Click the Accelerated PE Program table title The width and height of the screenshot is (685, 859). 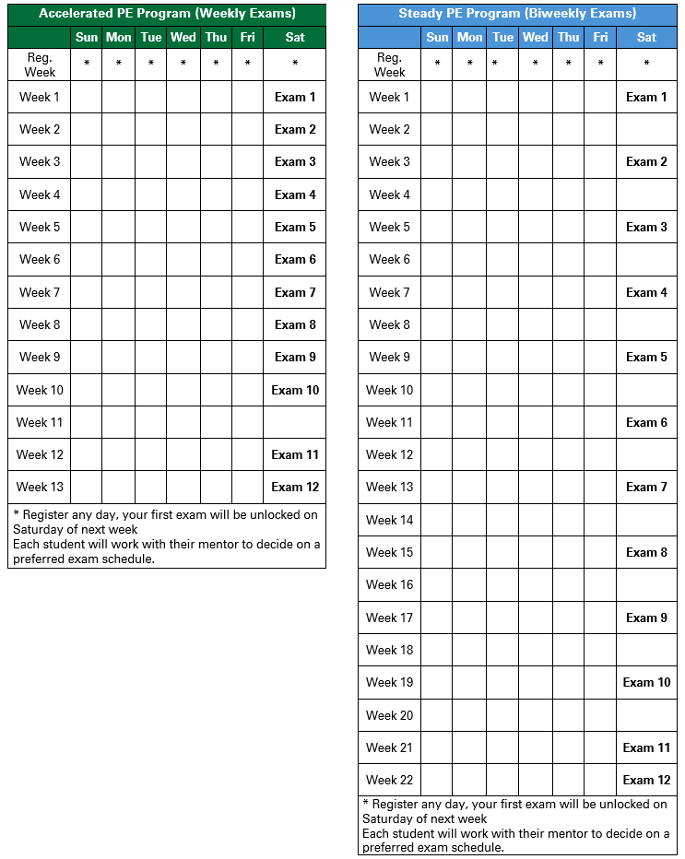(x=167, y=14)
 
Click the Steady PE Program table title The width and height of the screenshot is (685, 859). (x=517, y=14)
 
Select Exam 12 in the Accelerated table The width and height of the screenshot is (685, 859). (x=295, y=487)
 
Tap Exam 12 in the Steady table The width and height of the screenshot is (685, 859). (x=646, y=780)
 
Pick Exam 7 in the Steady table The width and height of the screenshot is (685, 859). (x=646, y=487)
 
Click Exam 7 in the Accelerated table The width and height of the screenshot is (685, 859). (x=295, y=292)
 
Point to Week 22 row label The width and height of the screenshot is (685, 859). (x=389, y=780)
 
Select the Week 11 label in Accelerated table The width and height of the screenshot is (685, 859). (x=39, y=422)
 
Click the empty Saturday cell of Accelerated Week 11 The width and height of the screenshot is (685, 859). (x=295, y=422)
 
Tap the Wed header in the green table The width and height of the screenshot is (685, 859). (x=183, y=37)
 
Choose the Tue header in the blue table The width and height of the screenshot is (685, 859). (x=502, y=37)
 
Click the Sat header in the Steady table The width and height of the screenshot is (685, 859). (x=646, y=37)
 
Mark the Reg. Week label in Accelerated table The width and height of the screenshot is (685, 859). (x=40, y=65)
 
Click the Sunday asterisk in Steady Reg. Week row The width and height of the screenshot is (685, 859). (x=437, y=65)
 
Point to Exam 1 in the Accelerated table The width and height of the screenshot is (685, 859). (x=295, y=97)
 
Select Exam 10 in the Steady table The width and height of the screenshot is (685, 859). (x=646, y=682)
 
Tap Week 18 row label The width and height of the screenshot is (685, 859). (x=389, y=650)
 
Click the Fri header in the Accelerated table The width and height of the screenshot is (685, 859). (x=247, y=37)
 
